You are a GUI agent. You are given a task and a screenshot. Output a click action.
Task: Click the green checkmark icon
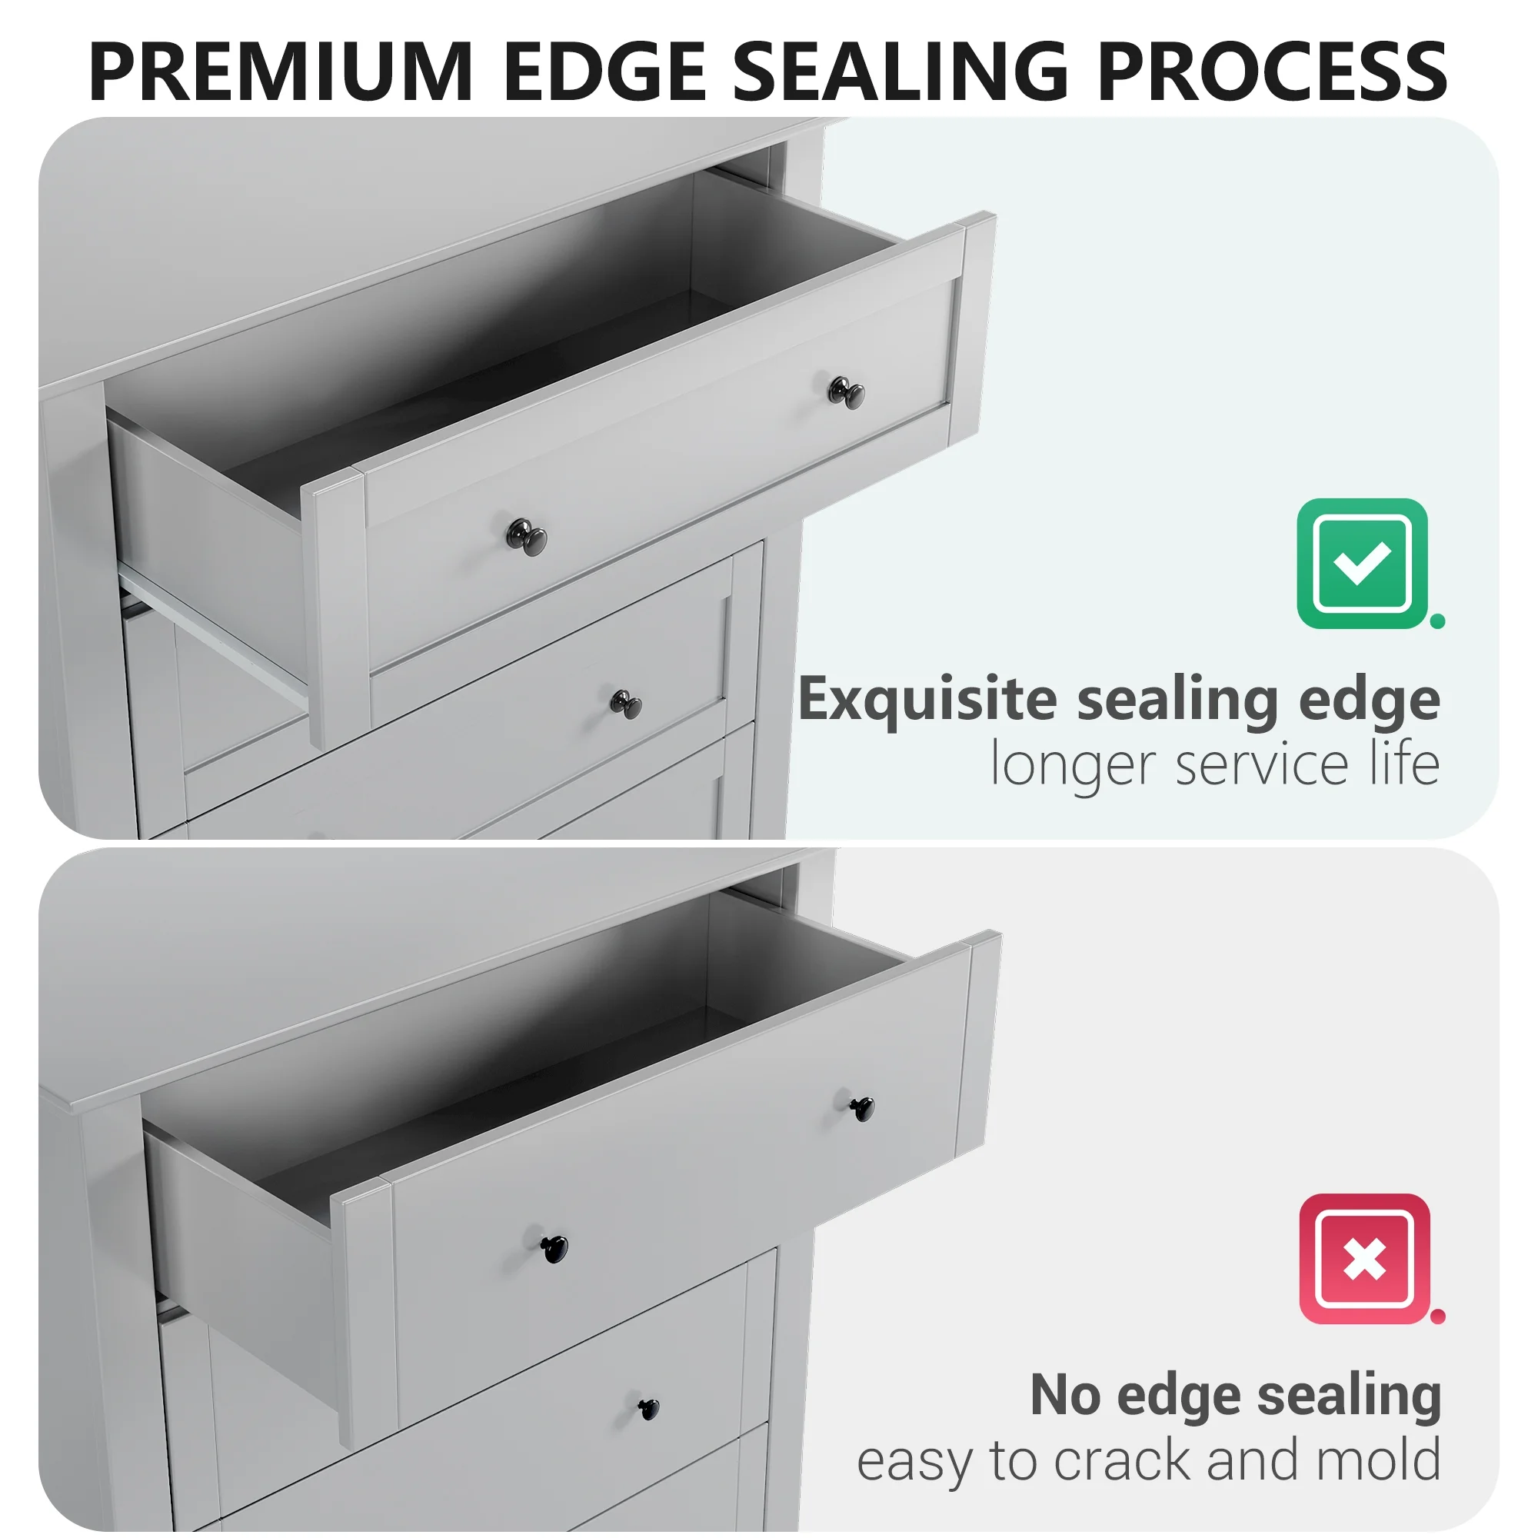[x=1362, y=563]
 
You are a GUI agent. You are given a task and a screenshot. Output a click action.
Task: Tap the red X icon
[x=1364, y=1259]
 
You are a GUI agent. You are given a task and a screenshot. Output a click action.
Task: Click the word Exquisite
[x=927, y=699]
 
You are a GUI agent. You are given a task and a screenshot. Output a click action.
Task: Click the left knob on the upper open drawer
[x=527, y=538]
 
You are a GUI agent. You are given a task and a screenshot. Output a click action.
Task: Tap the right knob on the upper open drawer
[x=846, y=391]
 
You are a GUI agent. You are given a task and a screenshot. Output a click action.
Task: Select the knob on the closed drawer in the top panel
[x=626, y=704]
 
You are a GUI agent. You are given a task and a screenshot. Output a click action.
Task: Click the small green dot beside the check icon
[x=1438, y=621]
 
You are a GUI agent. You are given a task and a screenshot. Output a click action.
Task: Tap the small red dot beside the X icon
[x=1438, y=1317]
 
